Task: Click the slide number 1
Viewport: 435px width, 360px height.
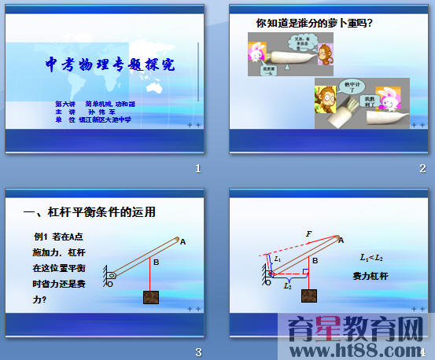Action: click(199, 168)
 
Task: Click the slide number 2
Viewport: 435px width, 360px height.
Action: click(422, 168)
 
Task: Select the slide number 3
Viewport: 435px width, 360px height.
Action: click(199, 351)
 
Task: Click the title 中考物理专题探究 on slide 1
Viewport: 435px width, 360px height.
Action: click(110, 65)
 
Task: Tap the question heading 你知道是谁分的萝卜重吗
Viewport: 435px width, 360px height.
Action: click(315, 24)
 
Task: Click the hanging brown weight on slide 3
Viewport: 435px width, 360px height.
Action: click(151, 297)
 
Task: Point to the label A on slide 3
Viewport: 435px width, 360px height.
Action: click(182, 241)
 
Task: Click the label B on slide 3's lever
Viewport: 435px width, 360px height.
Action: click(156, 263)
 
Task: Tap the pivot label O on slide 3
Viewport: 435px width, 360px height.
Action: click(110, 284)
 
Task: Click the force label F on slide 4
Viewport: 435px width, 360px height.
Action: click(309, 233)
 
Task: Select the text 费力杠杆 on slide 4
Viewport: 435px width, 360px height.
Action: click(370, 276)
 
